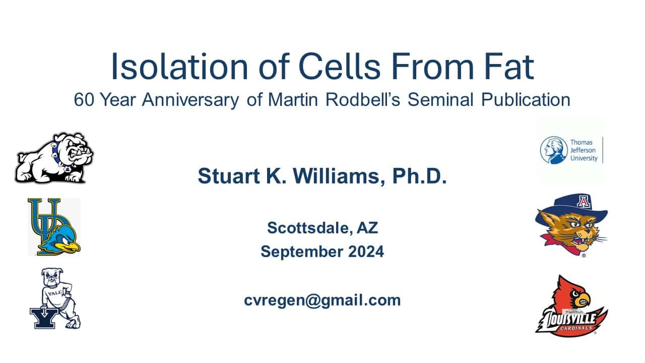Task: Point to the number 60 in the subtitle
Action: [84, 100]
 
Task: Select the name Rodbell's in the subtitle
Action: [363, 99]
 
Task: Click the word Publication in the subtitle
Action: [526, 100]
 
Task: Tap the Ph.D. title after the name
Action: [419, 176]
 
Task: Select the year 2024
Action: [366, 251]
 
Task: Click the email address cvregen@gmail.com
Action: [322, 300]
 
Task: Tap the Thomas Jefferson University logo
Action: [571, 150]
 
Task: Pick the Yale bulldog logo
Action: [55, 299]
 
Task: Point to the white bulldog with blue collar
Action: [54, 158]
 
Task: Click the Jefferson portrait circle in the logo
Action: [553, 150]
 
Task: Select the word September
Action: [302, 252]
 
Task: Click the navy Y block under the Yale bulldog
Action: [44, 318]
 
